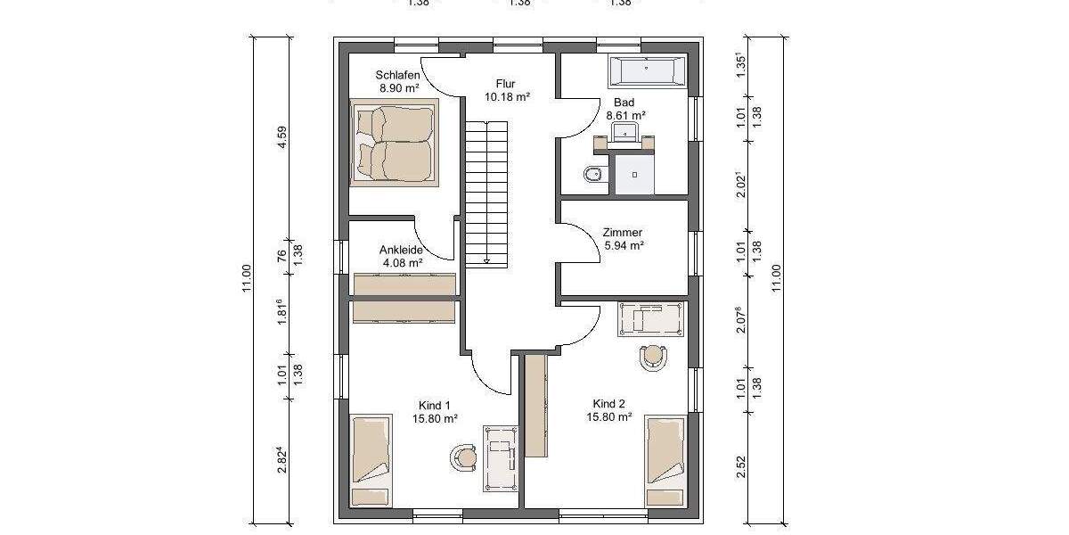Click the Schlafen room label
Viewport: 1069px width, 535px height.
point(397,75)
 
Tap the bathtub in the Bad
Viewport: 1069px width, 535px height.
point(648,70)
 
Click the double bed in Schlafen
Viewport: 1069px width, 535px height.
point(394,143)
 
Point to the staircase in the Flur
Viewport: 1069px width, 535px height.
point(486,192)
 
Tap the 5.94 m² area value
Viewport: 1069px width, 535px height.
point(624,245)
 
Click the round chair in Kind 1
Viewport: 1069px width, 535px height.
point(464,457)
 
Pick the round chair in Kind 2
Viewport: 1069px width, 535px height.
point(655,356)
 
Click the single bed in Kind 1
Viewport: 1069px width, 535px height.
point(370,460)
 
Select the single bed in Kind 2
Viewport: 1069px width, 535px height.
point(665,460)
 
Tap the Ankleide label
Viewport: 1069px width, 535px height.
point(401,251)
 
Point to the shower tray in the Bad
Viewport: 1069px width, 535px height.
point(634,175)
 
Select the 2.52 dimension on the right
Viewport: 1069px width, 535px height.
point(741,467)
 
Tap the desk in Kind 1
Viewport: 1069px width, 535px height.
point(501,457)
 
